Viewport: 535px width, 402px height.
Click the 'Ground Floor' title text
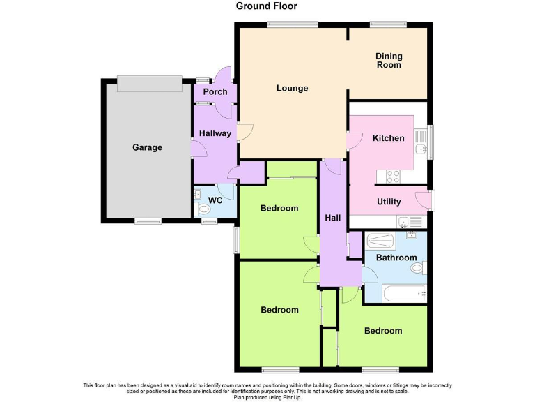(267, 6)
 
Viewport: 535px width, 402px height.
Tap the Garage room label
(147, 147)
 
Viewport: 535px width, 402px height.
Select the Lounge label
(292, 88)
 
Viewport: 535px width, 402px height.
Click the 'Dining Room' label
(389, 60)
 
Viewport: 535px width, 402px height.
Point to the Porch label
(215, 92)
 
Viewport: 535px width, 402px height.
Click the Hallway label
(215, 133)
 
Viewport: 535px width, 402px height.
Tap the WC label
(216, 200)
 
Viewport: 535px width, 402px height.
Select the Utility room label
(388, 202)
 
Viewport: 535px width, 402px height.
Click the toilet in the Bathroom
(417, 267)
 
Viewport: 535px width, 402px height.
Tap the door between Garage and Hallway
(198, 147)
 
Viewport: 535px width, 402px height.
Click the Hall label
(332, 218)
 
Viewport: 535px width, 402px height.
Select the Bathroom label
(396, 258)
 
